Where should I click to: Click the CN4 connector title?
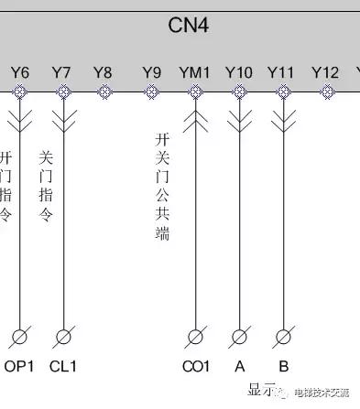click(190, 25)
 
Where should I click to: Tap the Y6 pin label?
click(20, 71)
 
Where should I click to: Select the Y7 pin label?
click(61, 71)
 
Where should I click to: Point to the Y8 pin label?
click(104, 71)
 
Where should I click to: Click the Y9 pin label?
click(151, 71)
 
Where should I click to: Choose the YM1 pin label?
click(194, 71)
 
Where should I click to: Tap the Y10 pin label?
click(238, 71)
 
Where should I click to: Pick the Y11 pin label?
click(280, 71)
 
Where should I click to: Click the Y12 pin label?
click(325, 71)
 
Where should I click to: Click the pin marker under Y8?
click(104, 91)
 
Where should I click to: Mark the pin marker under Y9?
click(151, 91)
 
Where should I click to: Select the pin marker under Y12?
click(327, 91)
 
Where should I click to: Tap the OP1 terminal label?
click(19, 367)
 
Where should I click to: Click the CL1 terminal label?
click(63, 367)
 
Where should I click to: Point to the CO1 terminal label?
click(196, 367)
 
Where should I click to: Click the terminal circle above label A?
click(240, 337)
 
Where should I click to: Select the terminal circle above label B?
click(284, 337)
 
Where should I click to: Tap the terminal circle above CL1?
click(63, 337)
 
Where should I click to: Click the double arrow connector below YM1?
click(195, 121)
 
